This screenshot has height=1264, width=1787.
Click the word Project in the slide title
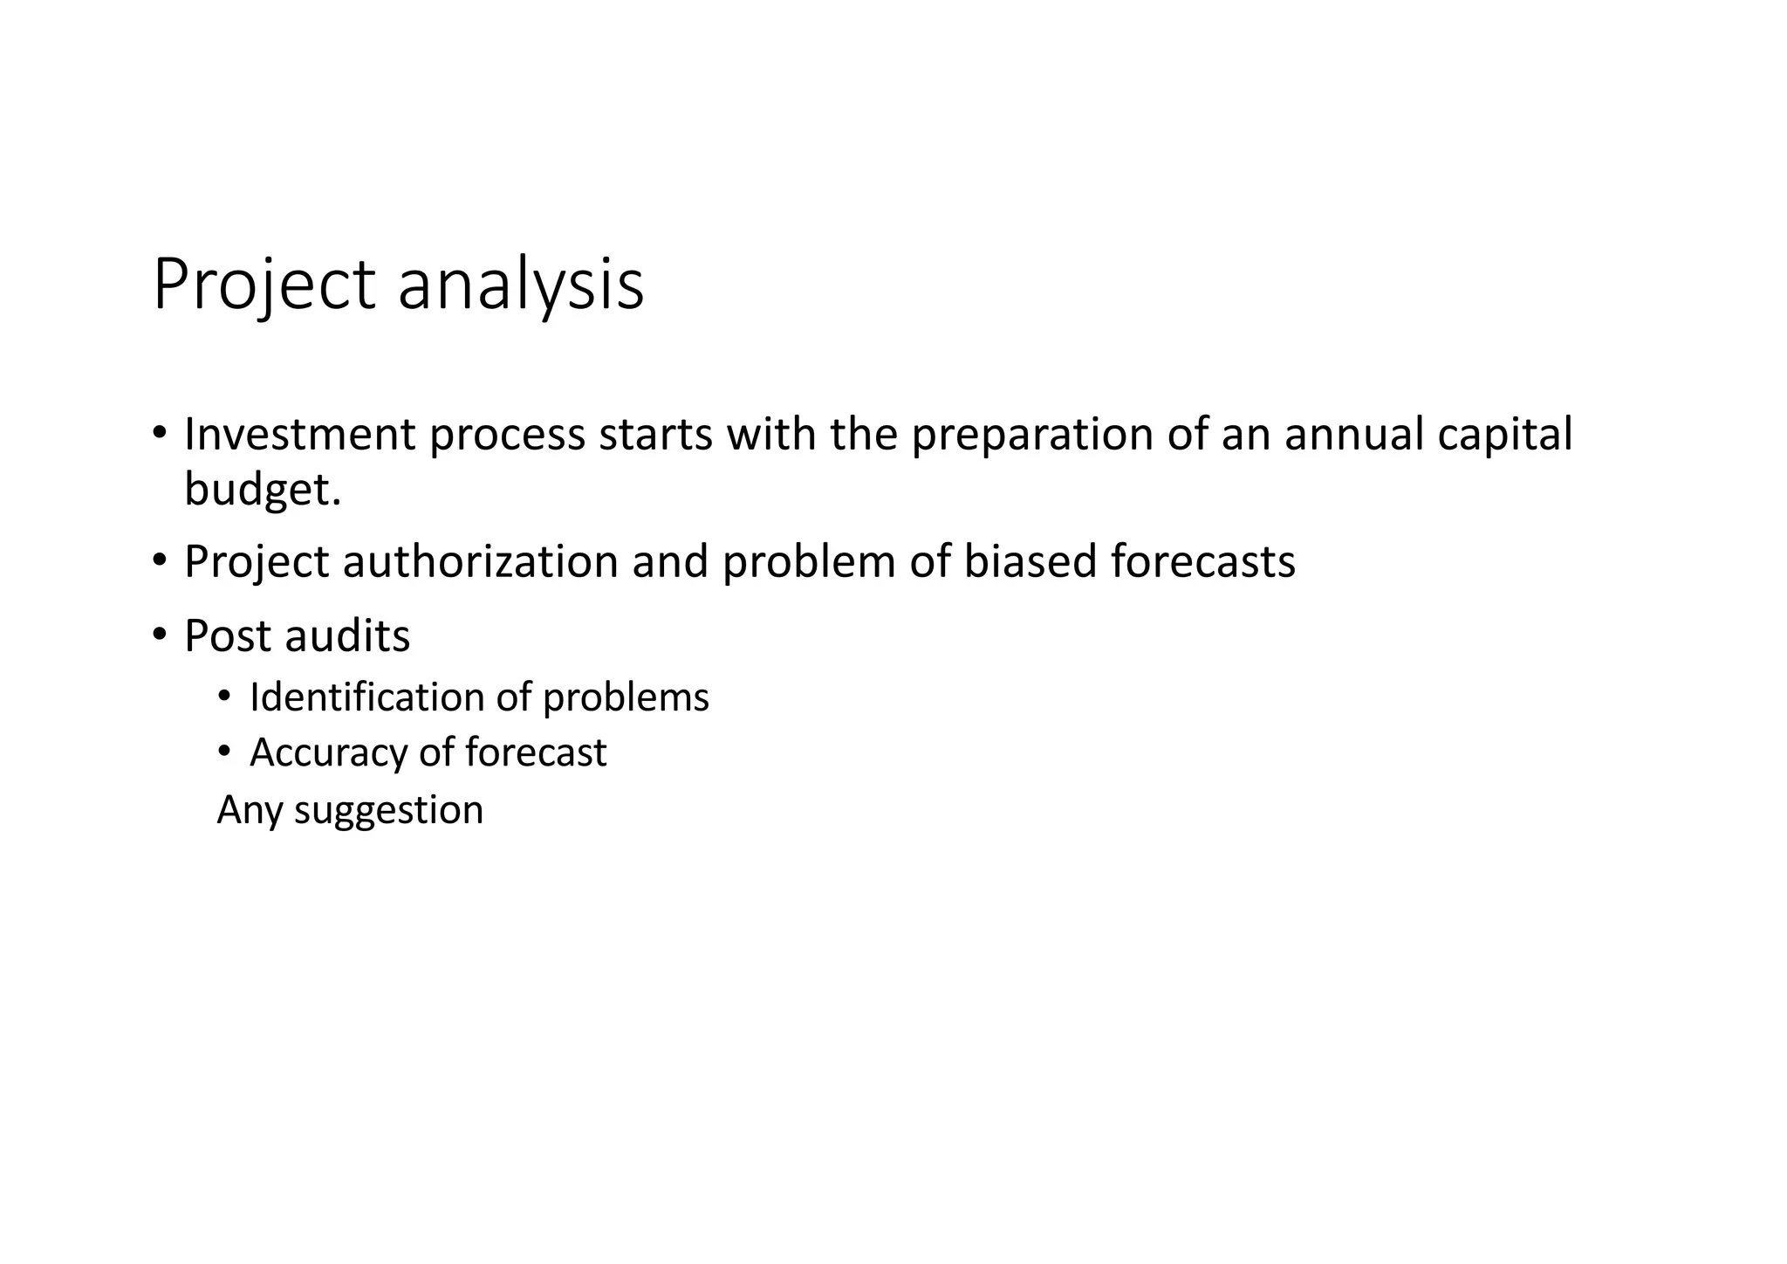(x=264, y=285)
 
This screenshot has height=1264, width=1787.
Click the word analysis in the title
(x=521, y=285)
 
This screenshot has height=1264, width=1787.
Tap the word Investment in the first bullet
(x=300, y=434)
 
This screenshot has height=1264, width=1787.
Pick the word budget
(x=262, y=489)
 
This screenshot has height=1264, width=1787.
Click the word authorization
(x=481, y=561)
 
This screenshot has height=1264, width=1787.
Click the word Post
(x=228, y=635)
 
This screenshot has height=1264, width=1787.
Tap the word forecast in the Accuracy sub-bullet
(x=535, y=752)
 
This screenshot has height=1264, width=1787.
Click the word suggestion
(x=388, y=810)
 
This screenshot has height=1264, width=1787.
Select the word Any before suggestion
(x=250, y=810)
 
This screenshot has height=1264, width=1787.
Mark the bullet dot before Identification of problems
(x=224, y=697)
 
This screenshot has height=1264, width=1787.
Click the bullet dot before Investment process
(x=159, y=434)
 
